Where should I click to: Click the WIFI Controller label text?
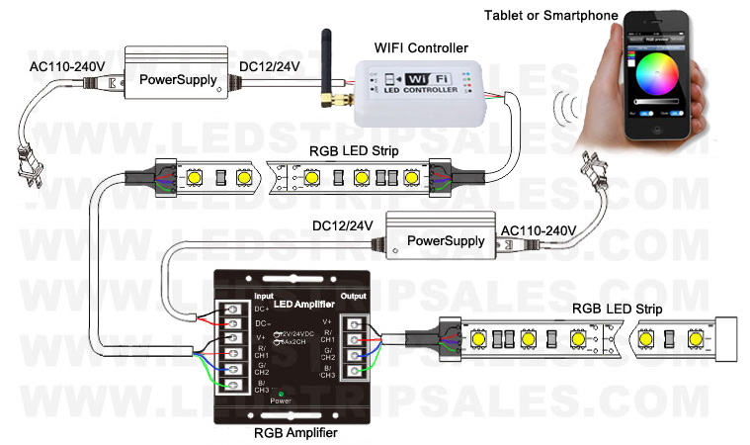click(x=421, y=47)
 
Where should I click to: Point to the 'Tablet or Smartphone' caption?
click(x=549, y=16)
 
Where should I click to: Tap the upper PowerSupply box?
click(x=177, y=78)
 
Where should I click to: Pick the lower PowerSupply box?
click(x=441, y=239)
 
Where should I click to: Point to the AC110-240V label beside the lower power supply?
click(x=539, y=230)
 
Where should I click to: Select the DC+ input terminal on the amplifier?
click(x=232, y=307)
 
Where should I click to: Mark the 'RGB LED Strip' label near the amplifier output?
click(x=617, y=310)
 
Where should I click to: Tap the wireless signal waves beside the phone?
click(x=566, y=108)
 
